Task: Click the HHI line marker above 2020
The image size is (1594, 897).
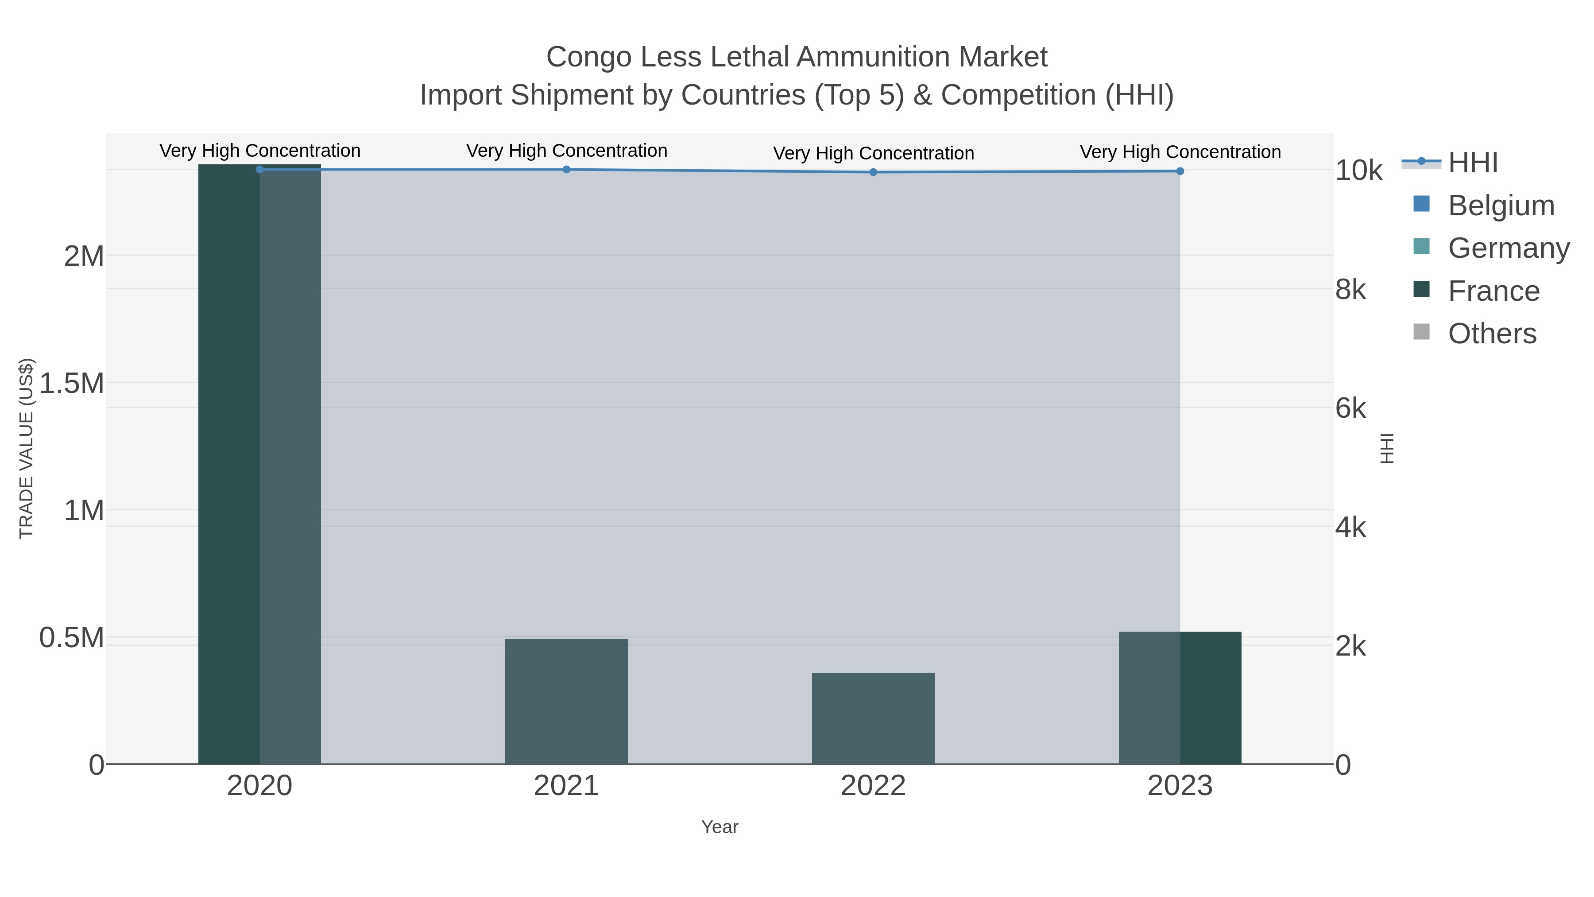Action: [x=260, y=170]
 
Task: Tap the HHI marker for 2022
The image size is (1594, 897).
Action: [x=873, y=172]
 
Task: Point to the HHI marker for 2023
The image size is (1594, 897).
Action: [x=1180, y=171]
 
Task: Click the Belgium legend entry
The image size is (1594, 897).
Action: [x=1501, y=206]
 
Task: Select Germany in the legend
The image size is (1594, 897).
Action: [x=1508, y=248]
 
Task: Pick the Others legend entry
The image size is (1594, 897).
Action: [x=1491, y=334]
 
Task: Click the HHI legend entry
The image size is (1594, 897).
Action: [x=1473, y=163]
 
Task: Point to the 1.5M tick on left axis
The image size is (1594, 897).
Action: [x=72, y=383]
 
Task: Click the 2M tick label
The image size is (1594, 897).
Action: [x=84, y=256]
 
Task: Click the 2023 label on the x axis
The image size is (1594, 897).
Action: [x=1180, y=786]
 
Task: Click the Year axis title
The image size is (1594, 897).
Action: [x=720, y=827]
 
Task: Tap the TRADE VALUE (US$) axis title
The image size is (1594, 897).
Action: [x=26, y=448]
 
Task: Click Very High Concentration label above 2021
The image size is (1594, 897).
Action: [x=567, y=151]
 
